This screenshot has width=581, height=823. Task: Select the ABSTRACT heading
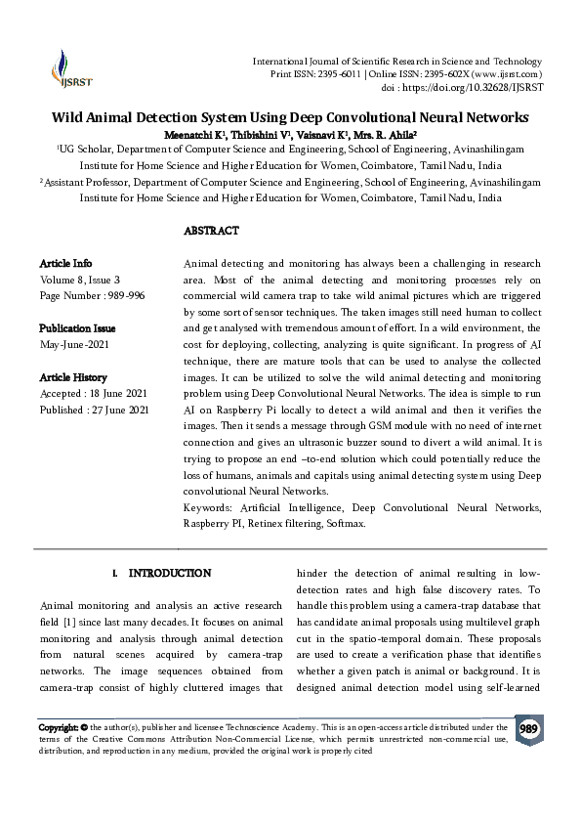pyautogui.click(x=211, y=232)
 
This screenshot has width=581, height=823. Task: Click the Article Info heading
pyautogui.click(x=65, y=264)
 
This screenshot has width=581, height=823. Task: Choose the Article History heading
pyautogui.click(x=73, y=377)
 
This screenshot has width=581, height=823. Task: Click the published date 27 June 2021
pyautogui.click(x=121, y=411)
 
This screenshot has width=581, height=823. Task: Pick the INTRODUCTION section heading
pyautogui.click(x=170, y=573)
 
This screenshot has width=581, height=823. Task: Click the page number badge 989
pyautogui.click(x=528, y=729)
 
